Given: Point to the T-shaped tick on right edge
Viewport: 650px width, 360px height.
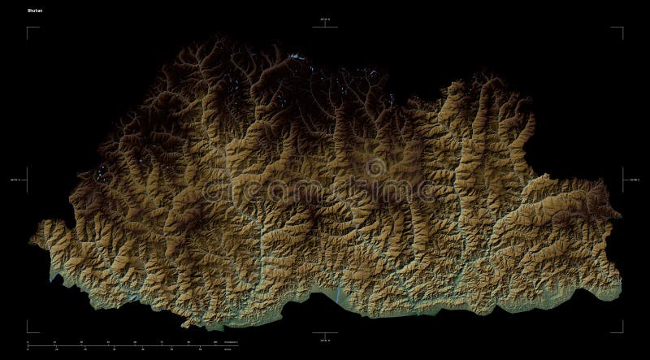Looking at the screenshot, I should pyautogui.click(x=623, y=180).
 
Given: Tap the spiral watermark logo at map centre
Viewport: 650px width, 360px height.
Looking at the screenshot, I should pyautogui.click(x=375, y=169).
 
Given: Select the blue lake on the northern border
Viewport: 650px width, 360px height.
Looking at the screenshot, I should pyautogui.click(x=294, y=57).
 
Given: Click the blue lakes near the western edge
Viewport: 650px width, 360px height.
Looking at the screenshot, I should pyautogui.click(x=102, y=171).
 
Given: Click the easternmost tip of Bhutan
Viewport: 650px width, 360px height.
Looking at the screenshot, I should pyautogui.click(x=621, y=215).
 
